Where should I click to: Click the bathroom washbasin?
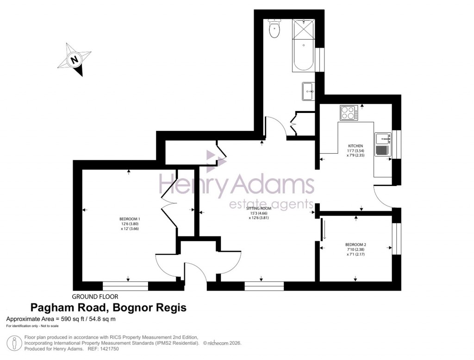308,91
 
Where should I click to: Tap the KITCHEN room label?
356,146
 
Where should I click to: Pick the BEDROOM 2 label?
355,245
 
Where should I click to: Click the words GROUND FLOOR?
95,297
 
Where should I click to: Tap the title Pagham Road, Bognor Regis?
108,308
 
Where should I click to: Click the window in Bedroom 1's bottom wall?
125,286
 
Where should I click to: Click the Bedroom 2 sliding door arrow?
324,230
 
